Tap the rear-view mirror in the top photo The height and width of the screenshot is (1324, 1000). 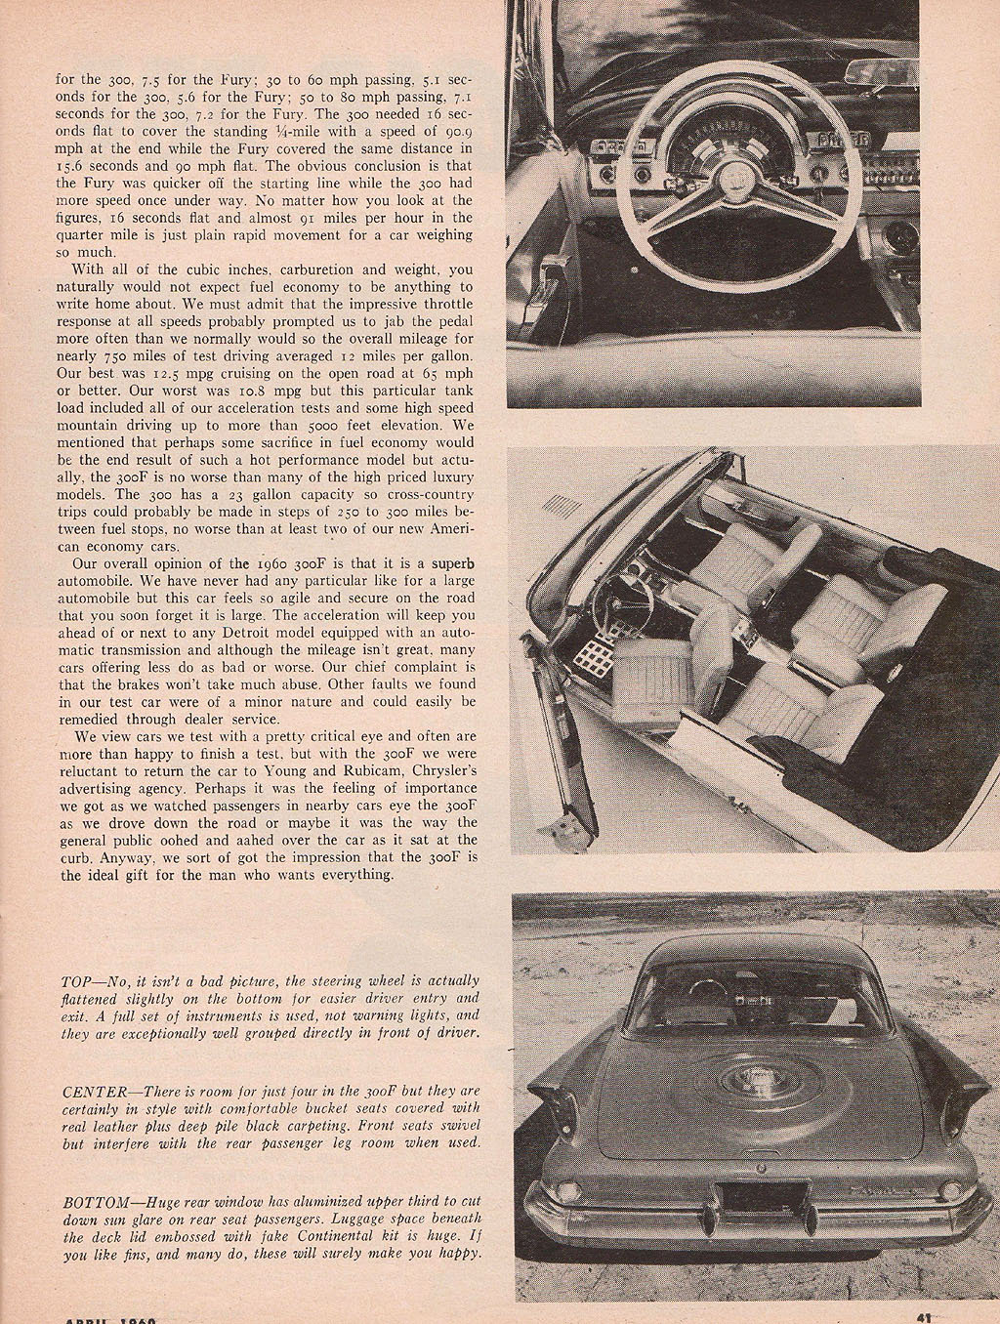pyautogui.click(x=884, y=71)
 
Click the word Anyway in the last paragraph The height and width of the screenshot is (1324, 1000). pyautogui.click(x=125, y=857)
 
